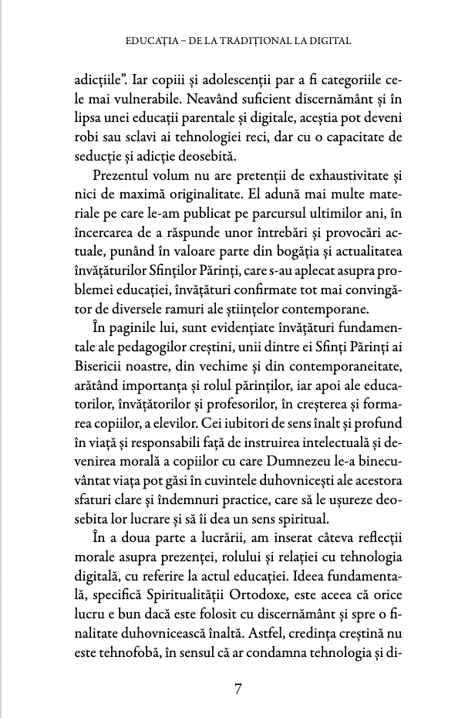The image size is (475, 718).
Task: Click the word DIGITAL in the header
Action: [x=326, y=39]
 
